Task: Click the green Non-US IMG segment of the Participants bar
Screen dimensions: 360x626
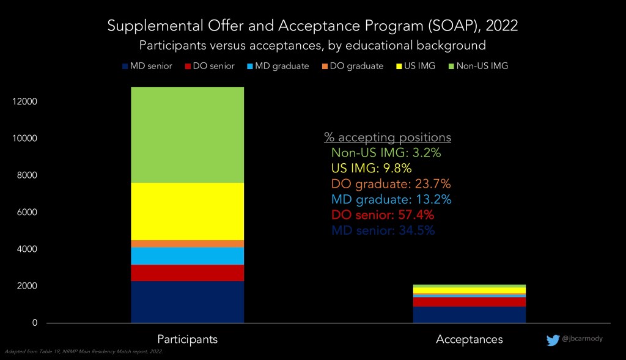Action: point(187,134)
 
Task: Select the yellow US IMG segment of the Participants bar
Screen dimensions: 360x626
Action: point(187,211)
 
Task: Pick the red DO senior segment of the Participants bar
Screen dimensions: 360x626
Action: point(187,273)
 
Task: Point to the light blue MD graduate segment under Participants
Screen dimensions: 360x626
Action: point(187,255)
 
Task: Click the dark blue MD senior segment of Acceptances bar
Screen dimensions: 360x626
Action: point(469,314)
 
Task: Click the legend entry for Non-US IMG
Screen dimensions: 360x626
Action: point(482,66)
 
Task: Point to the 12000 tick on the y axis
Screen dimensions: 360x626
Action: point(25,101)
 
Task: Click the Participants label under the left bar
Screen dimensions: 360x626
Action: point(187,339)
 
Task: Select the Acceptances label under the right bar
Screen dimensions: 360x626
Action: point(469,339)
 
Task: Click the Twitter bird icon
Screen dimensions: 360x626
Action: point(553,340)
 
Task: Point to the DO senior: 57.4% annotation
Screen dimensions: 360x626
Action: point(383,215)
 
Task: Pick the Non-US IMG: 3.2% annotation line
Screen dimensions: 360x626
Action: point(386,153)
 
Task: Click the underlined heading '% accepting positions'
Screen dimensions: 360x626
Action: point(387,137)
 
